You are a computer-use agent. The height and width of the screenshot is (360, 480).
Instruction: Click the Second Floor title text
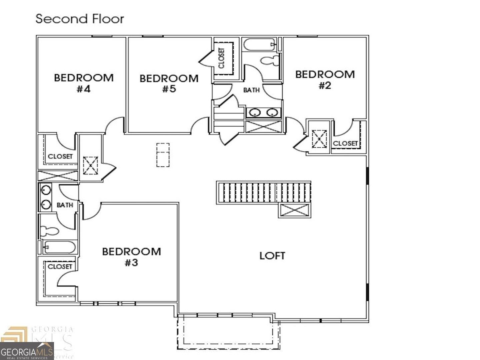(x=80, y=19)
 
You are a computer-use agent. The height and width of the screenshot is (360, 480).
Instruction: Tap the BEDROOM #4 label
(x=84, y=83)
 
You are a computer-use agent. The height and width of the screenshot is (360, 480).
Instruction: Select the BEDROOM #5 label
(x=169, y=84)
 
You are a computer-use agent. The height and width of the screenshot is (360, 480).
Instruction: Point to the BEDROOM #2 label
(x=325, y=80)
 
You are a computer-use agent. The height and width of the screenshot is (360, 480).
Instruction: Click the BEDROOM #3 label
(x=131, y=257)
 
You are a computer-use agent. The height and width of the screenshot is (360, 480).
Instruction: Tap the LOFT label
(x=272, y=256)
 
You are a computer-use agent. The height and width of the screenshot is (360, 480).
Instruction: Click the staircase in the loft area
(x=263, y=192)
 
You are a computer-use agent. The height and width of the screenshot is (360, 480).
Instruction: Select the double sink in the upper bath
(x=263, y=113)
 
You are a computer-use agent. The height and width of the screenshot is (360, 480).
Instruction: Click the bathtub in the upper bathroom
(x=259, y=44)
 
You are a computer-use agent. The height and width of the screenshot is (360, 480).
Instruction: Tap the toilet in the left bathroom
(x=49, y=230)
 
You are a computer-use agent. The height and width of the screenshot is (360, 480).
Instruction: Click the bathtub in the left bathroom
(x=59, y=247)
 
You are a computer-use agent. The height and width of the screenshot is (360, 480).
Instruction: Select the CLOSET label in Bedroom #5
(x=222, y=58)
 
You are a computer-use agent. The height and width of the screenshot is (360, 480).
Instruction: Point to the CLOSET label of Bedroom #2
(x=345, y=143)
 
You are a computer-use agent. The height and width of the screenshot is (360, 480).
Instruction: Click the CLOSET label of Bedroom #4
(x=60, y=156)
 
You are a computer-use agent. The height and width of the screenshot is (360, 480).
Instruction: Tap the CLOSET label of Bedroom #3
(x=60, y=266)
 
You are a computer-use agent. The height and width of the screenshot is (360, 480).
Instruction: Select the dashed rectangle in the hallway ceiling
(x=163, y=155)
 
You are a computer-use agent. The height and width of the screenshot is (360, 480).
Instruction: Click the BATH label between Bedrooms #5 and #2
(x=251, y=90)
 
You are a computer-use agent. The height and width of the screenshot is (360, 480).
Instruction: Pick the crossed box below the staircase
(x=294, y=211)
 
